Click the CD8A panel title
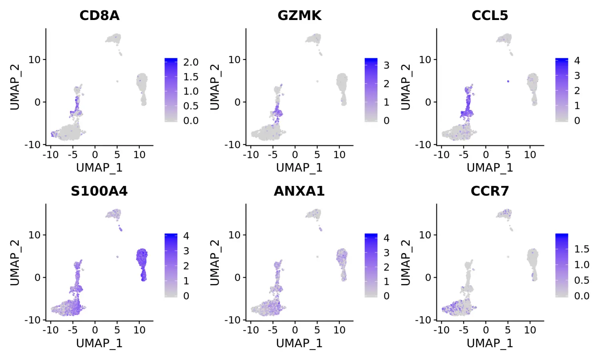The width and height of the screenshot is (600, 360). coord(99,15)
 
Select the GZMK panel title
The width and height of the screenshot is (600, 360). coord(299,15)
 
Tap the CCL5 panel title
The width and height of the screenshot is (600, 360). coord(490,15)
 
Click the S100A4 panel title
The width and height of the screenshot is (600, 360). coord(99,191)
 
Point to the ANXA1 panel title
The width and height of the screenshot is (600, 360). coord(299,191)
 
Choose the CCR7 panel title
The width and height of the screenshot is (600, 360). coord(490,191)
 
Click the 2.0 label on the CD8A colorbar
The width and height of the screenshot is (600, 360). coord(191,62)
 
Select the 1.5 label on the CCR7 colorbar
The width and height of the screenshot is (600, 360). coord(582,249)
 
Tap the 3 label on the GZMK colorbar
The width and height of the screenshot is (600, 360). coord(386,65)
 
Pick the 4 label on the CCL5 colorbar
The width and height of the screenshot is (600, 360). coord(577,60)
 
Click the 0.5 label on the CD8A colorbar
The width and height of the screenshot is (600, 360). coord(191,106)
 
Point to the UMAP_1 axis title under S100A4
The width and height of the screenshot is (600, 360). coord(99,343)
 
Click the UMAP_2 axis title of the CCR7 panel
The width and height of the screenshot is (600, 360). coord(405,262)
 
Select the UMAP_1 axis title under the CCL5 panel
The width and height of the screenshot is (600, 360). coord(490,168)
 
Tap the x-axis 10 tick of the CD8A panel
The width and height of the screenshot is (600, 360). coord(139,155)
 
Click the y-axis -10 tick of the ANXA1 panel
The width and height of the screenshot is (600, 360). coord(233,320)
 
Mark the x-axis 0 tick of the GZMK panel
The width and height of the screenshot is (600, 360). coord(295,155)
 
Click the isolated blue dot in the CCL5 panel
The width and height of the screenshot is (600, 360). coord(508,81)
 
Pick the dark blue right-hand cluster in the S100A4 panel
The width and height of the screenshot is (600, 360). coord(142,262)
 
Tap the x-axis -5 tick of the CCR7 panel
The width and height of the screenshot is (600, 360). coord(463,330)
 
